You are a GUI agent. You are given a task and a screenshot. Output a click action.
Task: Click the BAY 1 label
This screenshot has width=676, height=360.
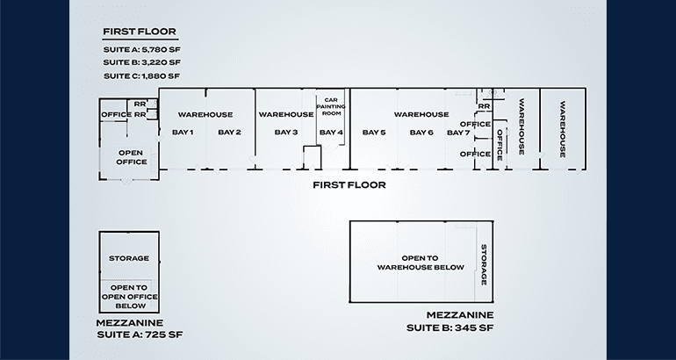183,132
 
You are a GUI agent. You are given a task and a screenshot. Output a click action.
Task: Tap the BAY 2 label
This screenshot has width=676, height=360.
229,132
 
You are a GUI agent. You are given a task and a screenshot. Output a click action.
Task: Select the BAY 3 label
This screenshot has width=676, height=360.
286,132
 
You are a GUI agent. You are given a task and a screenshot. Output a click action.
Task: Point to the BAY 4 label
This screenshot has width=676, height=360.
331,132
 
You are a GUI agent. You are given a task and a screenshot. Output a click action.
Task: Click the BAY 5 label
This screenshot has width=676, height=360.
374,132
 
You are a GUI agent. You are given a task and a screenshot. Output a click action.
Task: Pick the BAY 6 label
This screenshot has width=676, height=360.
421,132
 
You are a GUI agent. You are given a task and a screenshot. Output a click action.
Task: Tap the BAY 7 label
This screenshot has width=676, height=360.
458,133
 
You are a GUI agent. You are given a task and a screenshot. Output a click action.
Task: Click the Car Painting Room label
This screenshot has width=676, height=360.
331,106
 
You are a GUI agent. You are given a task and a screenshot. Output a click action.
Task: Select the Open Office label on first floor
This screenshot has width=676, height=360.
131,157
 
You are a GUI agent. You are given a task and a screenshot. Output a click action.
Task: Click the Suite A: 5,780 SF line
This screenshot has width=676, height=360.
142,49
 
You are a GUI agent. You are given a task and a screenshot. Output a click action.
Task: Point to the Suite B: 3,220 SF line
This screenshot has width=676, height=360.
142,62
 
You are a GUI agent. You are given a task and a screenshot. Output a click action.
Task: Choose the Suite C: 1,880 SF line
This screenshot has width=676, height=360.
142,76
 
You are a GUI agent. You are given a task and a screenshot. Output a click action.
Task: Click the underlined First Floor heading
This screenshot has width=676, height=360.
140,32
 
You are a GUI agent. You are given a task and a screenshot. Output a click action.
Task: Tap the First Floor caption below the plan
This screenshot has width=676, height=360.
349,185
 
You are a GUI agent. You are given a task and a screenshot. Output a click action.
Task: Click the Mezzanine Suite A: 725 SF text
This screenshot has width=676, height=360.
140,328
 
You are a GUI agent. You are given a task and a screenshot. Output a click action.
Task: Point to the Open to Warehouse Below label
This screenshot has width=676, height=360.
421,263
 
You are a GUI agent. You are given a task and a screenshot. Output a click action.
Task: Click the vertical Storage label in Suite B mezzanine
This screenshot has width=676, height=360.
484,264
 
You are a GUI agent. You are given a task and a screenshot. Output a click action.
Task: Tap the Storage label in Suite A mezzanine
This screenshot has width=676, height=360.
129,258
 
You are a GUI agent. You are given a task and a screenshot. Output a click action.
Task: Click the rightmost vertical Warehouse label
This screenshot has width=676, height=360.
563,129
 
